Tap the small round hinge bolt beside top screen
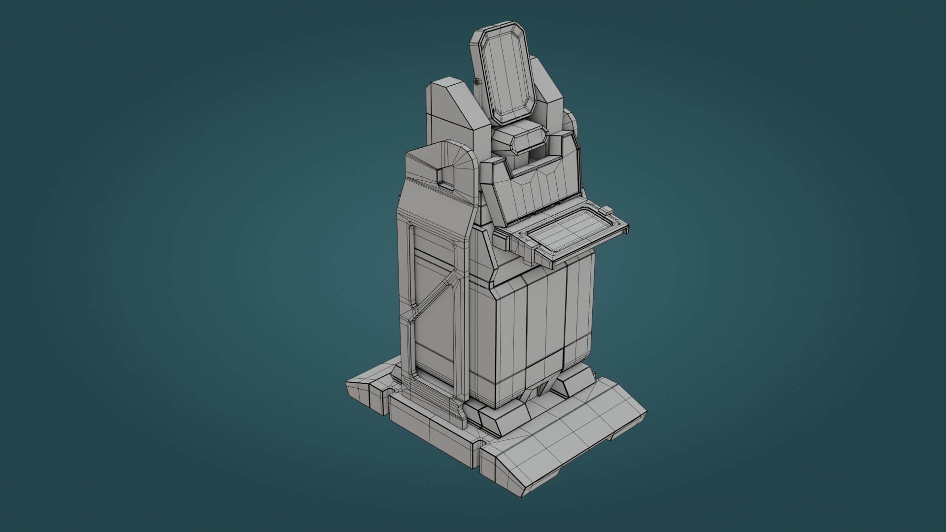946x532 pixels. [x=477, y=82]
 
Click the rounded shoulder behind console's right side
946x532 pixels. [x=572, y=121]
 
